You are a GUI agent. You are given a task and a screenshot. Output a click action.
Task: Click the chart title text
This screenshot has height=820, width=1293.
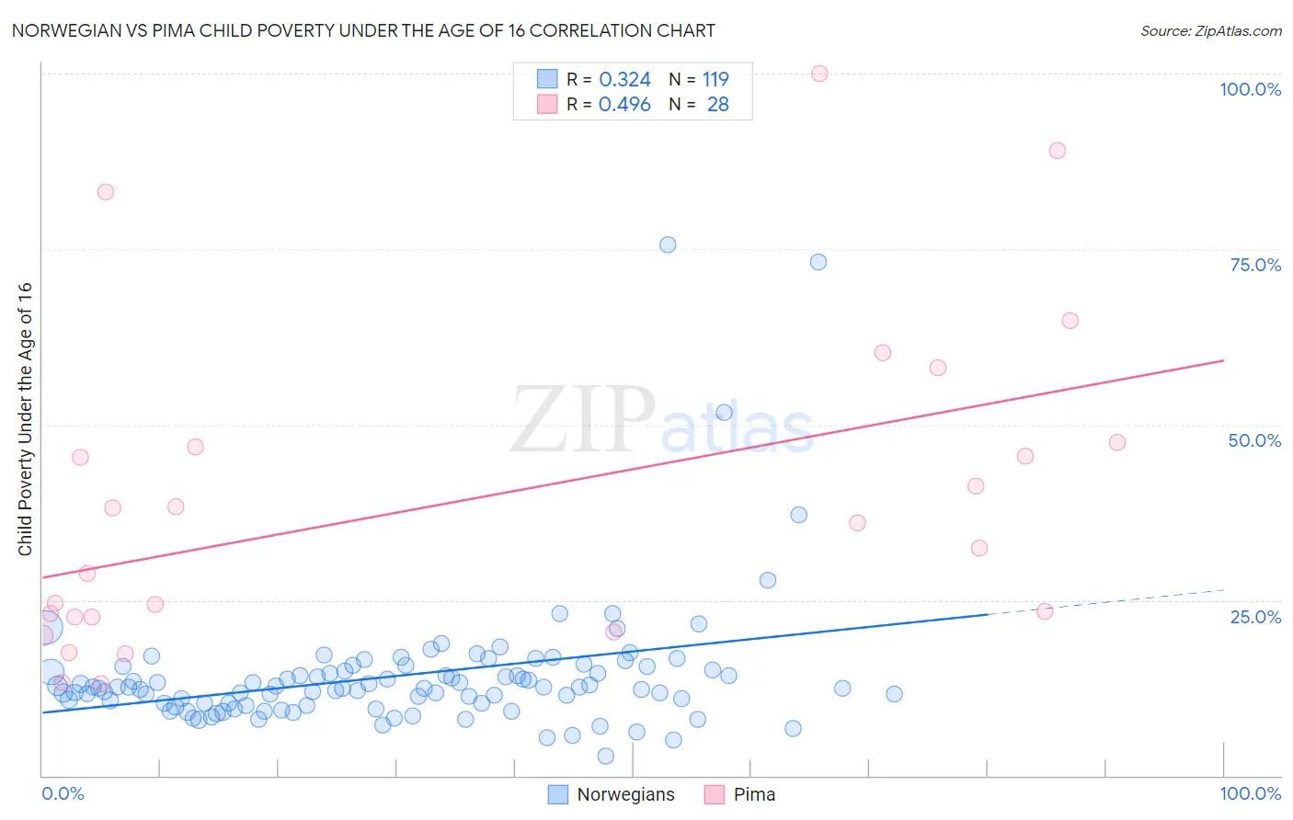(363, 30)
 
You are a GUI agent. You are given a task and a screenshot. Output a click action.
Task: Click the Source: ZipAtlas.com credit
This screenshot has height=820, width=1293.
(1210, 30)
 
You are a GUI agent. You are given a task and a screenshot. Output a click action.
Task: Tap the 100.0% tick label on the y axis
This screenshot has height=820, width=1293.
(1250, 89)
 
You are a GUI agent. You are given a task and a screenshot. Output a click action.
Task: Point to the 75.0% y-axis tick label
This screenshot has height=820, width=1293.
(1255, 265)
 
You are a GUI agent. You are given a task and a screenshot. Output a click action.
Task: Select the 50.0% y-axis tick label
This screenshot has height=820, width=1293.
(1254, 440)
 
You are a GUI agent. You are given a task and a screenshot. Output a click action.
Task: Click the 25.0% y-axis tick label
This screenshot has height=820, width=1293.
(1255, 616)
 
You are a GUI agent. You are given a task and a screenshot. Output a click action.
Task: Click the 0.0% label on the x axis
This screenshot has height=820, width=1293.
(63, 793)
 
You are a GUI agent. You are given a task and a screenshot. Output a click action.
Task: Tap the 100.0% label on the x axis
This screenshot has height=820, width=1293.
(1250, 793)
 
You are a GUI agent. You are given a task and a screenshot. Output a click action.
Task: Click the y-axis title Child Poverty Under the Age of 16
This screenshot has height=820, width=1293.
(25, 418)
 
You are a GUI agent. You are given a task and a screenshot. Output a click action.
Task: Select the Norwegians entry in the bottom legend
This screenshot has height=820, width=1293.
(625, 794)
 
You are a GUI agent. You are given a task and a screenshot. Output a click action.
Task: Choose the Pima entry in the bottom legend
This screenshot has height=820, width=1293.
(754, 794)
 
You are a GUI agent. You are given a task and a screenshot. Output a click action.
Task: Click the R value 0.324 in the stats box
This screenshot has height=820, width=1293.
(624, 80)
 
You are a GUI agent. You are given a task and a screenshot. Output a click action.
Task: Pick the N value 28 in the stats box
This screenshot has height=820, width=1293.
(717, 105)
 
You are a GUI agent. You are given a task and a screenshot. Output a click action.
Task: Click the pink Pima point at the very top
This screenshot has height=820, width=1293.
(819, 74)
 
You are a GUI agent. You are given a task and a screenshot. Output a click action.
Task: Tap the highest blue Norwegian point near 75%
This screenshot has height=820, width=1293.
(668, 245)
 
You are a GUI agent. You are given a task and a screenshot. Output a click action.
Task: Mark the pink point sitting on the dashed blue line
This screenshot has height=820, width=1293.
(1045, 611)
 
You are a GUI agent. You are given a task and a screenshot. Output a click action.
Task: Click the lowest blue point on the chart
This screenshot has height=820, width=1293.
(605, 756)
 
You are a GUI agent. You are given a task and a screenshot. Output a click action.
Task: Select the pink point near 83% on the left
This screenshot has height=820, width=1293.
(106, 192)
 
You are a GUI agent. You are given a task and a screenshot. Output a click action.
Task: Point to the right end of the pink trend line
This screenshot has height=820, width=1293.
(1223, 360)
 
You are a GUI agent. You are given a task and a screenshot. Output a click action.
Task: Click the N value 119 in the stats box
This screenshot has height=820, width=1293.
(715, 80)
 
